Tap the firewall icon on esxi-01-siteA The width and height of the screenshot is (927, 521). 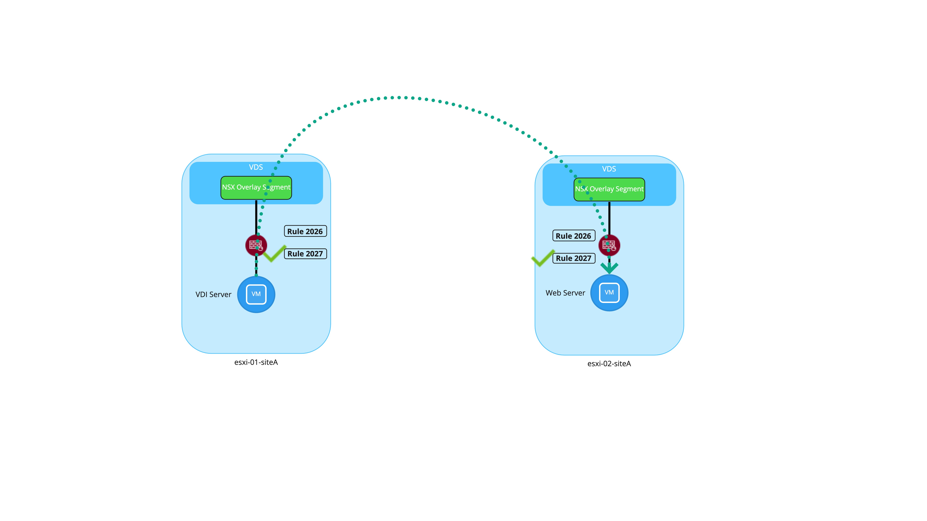click(256, 245)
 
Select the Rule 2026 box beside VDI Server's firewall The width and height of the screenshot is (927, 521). click(305, 231)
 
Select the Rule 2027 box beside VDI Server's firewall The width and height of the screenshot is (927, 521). click(305, 254)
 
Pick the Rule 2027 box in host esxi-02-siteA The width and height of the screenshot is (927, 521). click(574, 258)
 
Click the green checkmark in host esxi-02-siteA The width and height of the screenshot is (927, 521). click(543, 258)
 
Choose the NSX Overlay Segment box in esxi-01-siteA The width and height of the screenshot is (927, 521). click(256, 187)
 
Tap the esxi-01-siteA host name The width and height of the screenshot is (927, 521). click(256, 362)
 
